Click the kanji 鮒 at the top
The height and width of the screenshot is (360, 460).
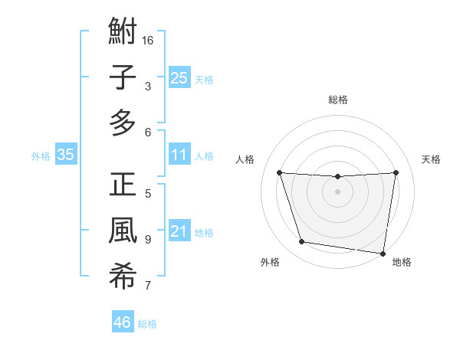(123, 33)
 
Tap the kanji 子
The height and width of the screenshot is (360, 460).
(123, 77)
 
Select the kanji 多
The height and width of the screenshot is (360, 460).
(123, 122)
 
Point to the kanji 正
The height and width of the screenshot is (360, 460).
(123, 186)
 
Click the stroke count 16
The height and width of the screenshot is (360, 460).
(149, 40)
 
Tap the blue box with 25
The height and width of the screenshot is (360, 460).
(179, 77)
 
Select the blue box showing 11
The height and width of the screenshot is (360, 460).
(179, 155)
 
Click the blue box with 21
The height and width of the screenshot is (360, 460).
(179, 231)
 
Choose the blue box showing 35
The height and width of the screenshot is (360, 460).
(66, 155)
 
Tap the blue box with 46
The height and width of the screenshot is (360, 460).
(122, 322)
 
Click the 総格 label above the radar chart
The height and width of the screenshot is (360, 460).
(337, 100)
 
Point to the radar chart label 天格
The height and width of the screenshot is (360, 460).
(431, 159)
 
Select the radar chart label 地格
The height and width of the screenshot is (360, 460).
(402, 262)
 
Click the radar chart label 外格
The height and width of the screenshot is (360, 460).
(270, 262)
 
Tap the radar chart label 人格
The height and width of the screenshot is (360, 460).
(245, 159)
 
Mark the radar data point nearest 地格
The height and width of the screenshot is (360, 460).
(383, 253)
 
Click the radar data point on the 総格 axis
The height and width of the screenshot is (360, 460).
(337, 177)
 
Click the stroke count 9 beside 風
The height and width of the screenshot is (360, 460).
(148, 239)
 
